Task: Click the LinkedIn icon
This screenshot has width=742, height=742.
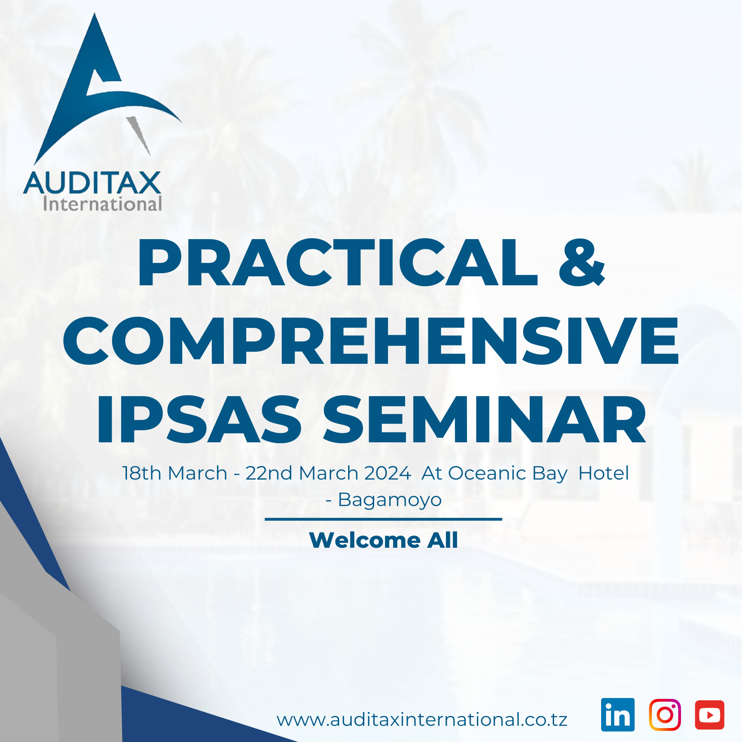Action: (618, 715)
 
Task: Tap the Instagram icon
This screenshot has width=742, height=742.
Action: (665, 715)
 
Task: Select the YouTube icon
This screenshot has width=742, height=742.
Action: (710, 715)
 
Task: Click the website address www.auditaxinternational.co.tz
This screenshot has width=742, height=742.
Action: (422, 720)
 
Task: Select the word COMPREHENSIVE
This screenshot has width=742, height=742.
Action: (371, 340)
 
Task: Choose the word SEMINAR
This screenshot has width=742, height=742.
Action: (485, 420)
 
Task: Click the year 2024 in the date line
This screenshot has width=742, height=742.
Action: (388, 473)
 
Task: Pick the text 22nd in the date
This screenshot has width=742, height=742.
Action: (269, 473)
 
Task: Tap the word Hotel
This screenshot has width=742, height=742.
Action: (604, 473)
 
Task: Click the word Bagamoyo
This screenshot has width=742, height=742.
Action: (390, 500)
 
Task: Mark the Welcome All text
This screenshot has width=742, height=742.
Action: (384, 540)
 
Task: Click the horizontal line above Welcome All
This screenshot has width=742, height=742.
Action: (384, 519)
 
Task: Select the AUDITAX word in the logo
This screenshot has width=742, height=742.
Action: (92, 183)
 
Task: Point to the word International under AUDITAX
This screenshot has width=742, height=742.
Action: (102, 204)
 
